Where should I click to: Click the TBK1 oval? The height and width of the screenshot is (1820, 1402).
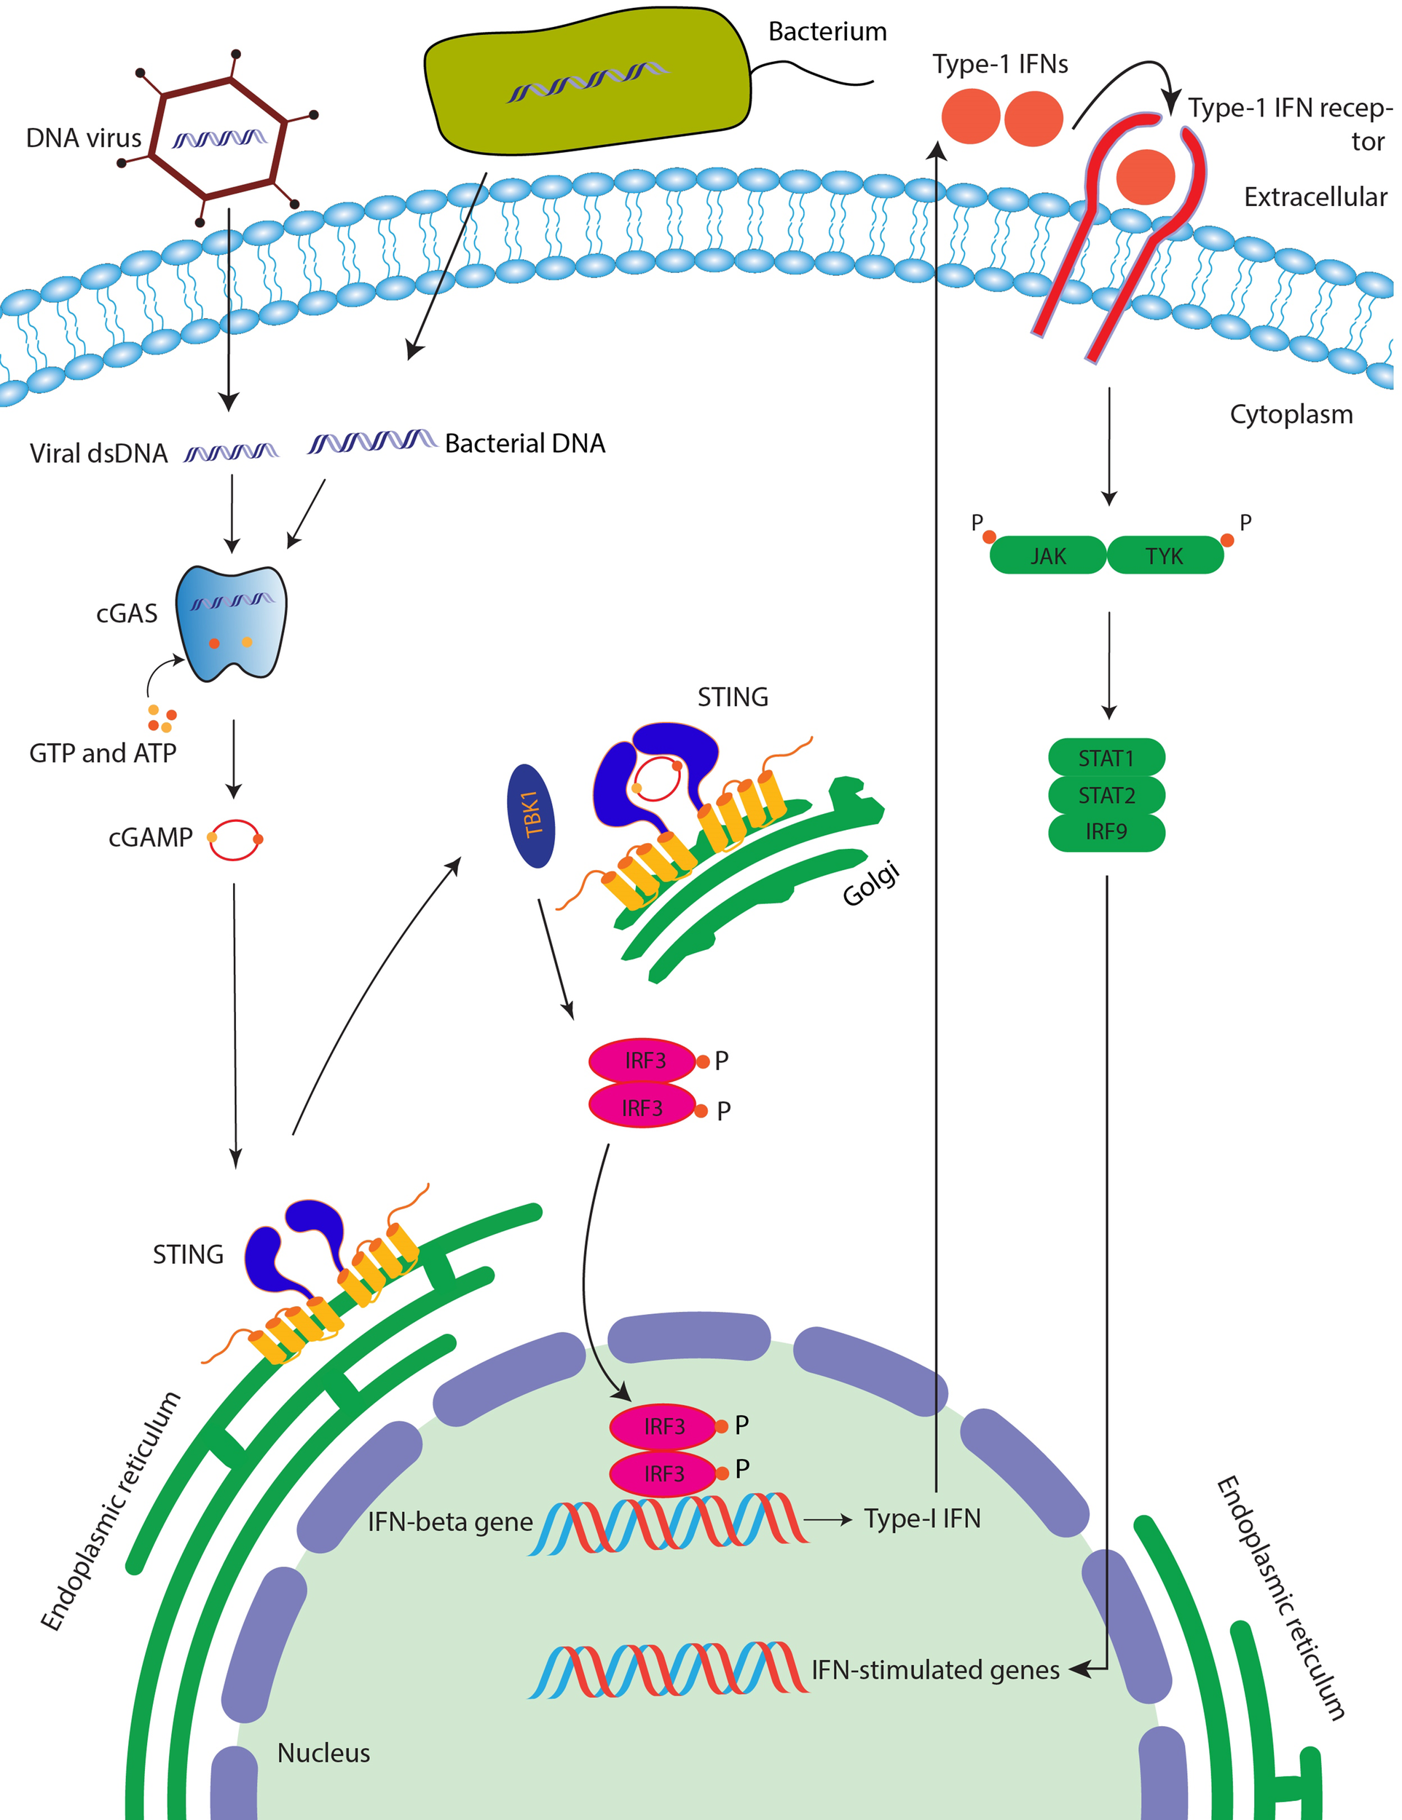pyautogui.click(x=531, y=815)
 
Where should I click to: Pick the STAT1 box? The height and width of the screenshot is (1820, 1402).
pyautogui.click(x=1106, y=759)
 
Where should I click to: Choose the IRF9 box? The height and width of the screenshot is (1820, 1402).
pyautogui.click(x=1106, y=831)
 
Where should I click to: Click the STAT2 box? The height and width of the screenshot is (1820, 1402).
pyautogui.click(x=1106, y=795)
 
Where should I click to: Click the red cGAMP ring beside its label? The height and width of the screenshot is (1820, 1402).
pyautogui.click(x=235, y=839)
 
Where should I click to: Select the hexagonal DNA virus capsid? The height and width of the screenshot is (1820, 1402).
pyautogui.click(x=218, y=138)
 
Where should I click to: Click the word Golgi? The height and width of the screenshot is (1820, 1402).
pyautogui.click(x=871, y=883)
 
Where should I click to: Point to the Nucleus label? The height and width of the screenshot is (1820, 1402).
pyautogui.click(x=323, y=1752)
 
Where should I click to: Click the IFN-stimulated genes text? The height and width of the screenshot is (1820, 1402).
pyautogui.click(x=934, y=1669)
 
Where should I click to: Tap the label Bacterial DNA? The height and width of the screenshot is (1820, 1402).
pyautogui.click(x=524, y=443)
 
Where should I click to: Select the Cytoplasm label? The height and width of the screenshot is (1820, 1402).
pyautogui.click(x=1291, y=414)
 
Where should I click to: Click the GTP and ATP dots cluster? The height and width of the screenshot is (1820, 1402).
pyautogui.click(x=162, y=718)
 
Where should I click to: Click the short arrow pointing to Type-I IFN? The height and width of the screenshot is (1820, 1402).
pyautogui.click(x=827, y=1520)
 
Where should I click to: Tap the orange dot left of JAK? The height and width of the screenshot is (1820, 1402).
pyautogui.click(x=988, y=537)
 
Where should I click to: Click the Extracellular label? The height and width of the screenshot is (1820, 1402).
pyautogui.click(x=1315, y=197)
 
